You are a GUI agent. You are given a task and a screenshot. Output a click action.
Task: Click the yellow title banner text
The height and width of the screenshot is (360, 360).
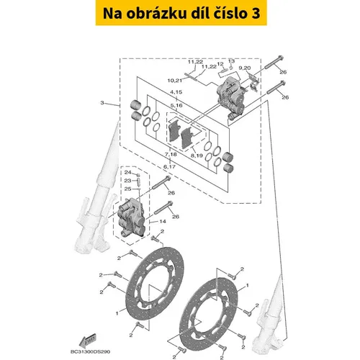tap(181, 13)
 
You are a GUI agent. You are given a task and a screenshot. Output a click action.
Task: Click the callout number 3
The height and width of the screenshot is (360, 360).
tap(102, 103)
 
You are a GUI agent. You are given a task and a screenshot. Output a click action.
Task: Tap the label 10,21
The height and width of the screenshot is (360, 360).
tap(175, 81)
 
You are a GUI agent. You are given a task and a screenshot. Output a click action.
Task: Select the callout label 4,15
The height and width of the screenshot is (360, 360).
tap(176, 92)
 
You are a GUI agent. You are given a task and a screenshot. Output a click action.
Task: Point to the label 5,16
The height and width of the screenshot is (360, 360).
tap(176, 105)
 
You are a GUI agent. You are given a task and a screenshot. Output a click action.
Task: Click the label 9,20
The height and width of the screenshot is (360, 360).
tap(245, 68)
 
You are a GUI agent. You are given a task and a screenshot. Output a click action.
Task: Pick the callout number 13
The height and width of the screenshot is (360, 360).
tap(231, 61)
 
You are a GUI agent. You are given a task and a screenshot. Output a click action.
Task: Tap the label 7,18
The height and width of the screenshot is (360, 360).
tap(171, 154)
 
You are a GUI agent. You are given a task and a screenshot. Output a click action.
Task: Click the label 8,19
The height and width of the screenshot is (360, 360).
tap(197, 156)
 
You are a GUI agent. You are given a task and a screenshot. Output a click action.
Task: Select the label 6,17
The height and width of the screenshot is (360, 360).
tap(169, 166)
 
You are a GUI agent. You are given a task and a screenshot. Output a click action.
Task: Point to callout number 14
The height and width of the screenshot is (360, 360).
tap(163, 221)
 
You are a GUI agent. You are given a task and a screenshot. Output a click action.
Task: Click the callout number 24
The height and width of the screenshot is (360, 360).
tap(127, 172)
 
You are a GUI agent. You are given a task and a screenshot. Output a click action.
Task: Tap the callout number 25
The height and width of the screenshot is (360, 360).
tap(127, 189)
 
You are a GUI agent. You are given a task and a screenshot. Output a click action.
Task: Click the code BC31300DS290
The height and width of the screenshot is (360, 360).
tap(91, 352)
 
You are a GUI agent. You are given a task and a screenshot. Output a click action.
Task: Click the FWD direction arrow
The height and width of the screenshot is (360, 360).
tap(88, 341)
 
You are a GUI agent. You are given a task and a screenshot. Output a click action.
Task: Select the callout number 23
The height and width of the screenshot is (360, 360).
tap(127, 181)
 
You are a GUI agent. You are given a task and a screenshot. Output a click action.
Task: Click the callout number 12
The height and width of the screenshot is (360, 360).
tap(220, 64)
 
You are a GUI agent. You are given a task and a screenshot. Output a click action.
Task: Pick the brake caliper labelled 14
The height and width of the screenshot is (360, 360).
tap(130, 217)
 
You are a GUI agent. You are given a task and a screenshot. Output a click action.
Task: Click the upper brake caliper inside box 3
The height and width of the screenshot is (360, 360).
tap(230, 99)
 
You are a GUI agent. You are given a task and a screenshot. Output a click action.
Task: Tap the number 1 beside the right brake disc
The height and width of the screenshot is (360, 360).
tap(248, 286)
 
